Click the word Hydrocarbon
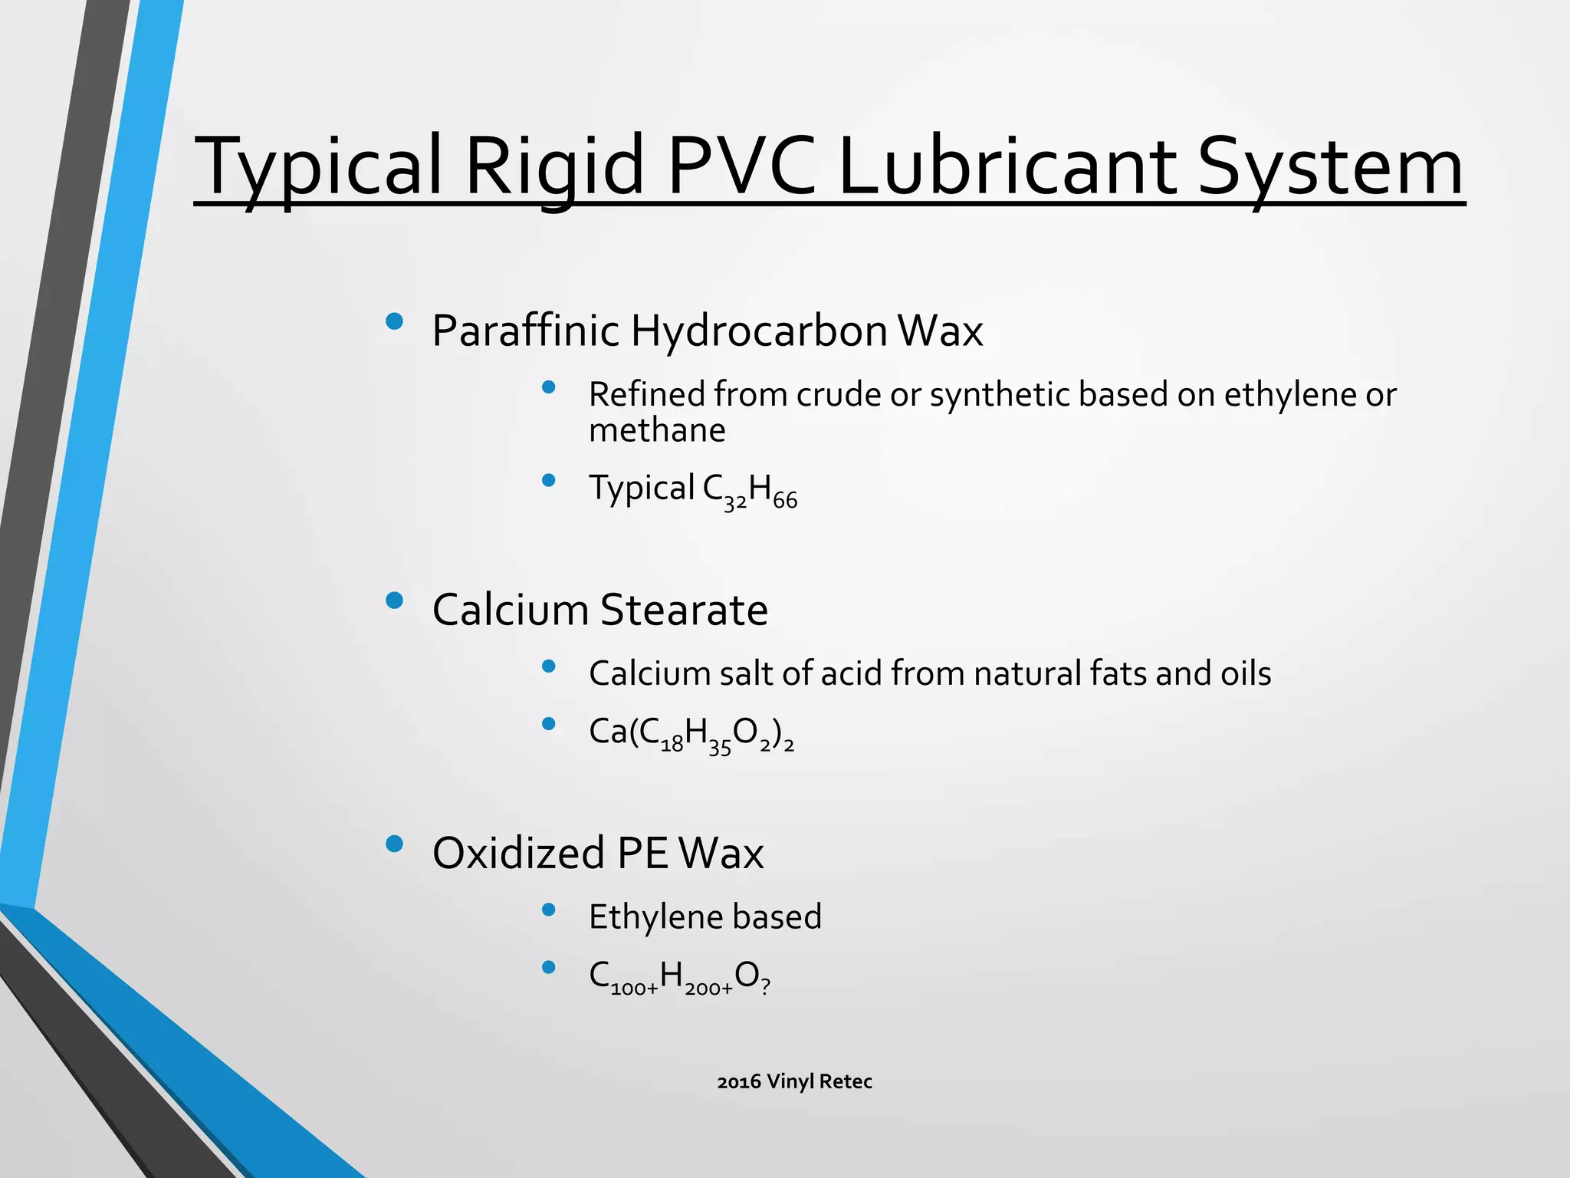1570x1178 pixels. pyautogui.click(x=759, y=331)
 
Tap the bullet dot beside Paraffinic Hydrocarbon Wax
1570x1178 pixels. pyautogui.click(x=395, y=321)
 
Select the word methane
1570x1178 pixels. pyautogui.click(x=657, y=429)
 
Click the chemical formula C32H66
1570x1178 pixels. pyautogui.click(x=750, y=490)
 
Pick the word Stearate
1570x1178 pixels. pyautogui.click(x=684, y=610)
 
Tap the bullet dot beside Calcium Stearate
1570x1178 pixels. pyautogui.click(x=395, y=601)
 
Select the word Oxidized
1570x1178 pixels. pyautogui.click(x=518, y=853)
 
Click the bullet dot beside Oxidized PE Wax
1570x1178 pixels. pyautogui.click(x=395, y=844)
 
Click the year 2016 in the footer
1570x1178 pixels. pyautogui.click(x=738, y=1081)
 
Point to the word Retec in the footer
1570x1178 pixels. pyautogui.click(x=846, y=1081)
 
